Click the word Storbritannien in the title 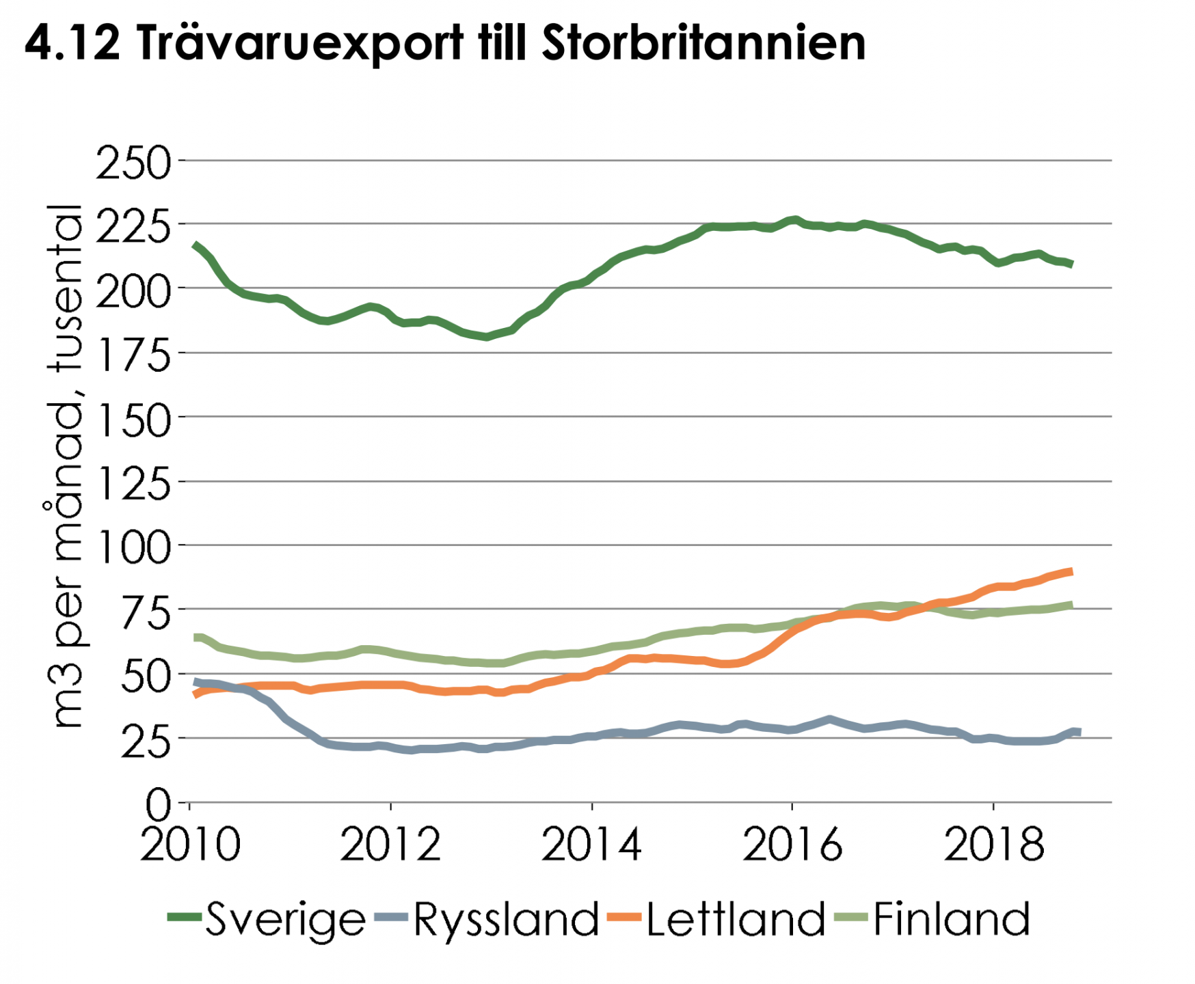coord(703,43)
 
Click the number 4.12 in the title coord(72,43)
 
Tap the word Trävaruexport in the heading coord(299,43)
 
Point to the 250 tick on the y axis coord(133,163)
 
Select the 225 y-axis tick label coord(133,227)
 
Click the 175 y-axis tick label coord(133,355)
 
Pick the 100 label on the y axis coord(133,548)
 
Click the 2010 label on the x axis coord(190,845)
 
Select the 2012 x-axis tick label coord(390,845)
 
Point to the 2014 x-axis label coord(591,845)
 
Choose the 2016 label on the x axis coord(792,845)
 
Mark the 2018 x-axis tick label coord(993,845)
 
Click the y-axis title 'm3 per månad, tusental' coord(67,465)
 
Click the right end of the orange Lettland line coord(1071,572)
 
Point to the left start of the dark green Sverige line coord(196,245)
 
